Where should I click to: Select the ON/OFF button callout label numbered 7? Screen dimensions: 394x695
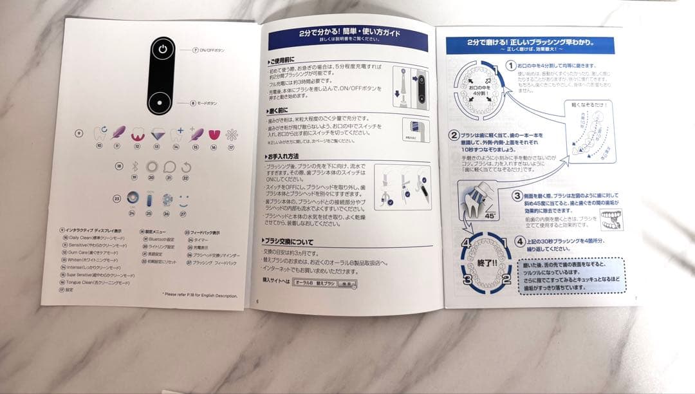click(209, 50)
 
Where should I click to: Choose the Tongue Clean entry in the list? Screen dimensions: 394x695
click(96, 282)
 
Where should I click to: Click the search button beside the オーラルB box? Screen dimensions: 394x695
click(347, 283)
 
